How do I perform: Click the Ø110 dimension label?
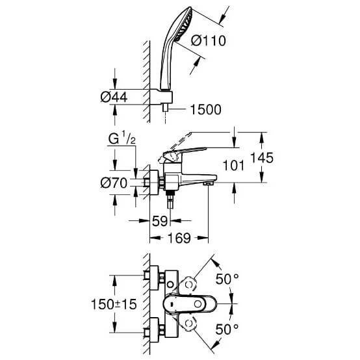pyautogui.click(x=208, y=41)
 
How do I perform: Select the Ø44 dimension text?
pyautogui.click(x=114, y=97)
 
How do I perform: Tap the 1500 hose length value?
pyautogui.click(x=206, y=110)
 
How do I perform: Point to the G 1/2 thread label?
pyautogui.click(x=122, y=138)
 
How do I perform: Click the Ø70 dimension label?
pyautogui.click(x=114, y=183)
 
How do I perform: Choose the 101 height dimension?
pyautogui.click(x=233, y=165)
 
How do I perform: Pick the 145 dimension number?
pyautogui.click(x=262, y=158)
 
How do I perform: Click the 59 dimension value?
pyautogui.click(x=160, y=221)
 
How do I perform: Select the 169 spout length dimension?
pyautogui.click(x=179, y=238)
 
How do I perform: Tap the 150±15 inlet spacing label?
pyautogui.click(x=114, y=304)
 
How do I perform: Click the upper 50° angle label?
pyautogui.click(x=227, y=279)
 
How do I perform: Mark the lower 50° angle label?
pyautogui.click(x=227, y=329)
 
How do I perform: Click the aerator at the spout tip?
pyautogui.click(x=208, y=183)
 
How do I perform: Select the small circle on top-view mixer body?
pyautogui.click(x=170, y=285)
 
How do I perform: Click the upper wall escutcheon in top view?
pyautogui.click(x=154, y=277)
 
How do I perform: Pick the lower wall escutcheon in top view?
pyautogui.click(x=154, y=329)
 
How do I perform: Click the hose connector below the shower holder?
pyautogui.click(x=165, y=108)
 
